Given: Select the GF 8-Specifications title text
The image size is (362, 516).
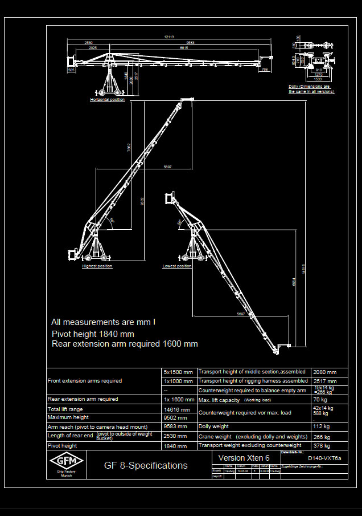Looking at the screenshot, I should click(x=146, y=465).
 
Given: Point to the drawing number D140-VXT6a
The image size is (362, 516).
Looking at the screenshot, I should click(x=324, y=458).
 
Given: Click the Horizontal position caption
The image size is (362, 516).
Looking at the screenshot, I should click(x=108, y=100).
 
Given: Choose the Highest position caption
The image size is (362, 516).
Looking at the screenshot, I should click(x=97, y=266).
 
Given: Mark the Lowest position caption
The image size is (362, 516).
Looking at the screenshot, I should click(x=177, y=266).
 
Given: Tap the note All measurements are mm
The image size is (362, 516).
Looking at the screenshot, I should click(x=104, y=322).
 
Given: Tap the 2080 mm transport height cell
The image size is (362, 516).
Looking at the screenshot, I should click(x=324, y=372).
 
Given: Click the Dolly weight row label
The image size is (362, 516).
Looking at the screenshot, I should click(x=214, y=426).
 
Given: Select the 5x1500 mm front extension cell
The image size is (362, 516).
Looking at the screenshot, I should click(x=178, y=372).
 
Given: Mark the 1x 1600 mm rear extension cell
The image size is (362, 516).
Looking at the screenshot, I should click(x=178, y=400).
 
